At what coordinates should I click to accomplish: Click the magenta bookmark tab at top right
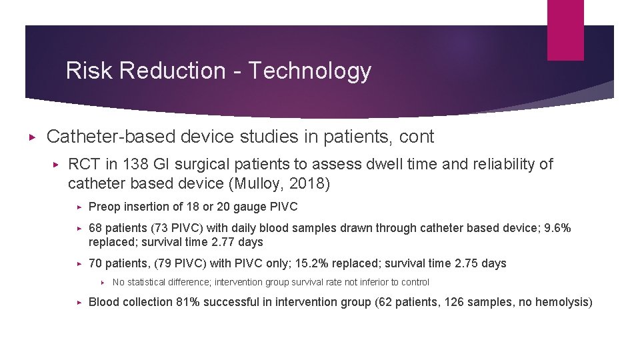click(x=565, y=30)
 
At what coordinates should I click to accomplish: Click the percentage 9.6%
click(x=557, y=228)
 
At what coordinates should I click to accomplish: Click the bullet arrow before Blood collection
click(x=79, y=302)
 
